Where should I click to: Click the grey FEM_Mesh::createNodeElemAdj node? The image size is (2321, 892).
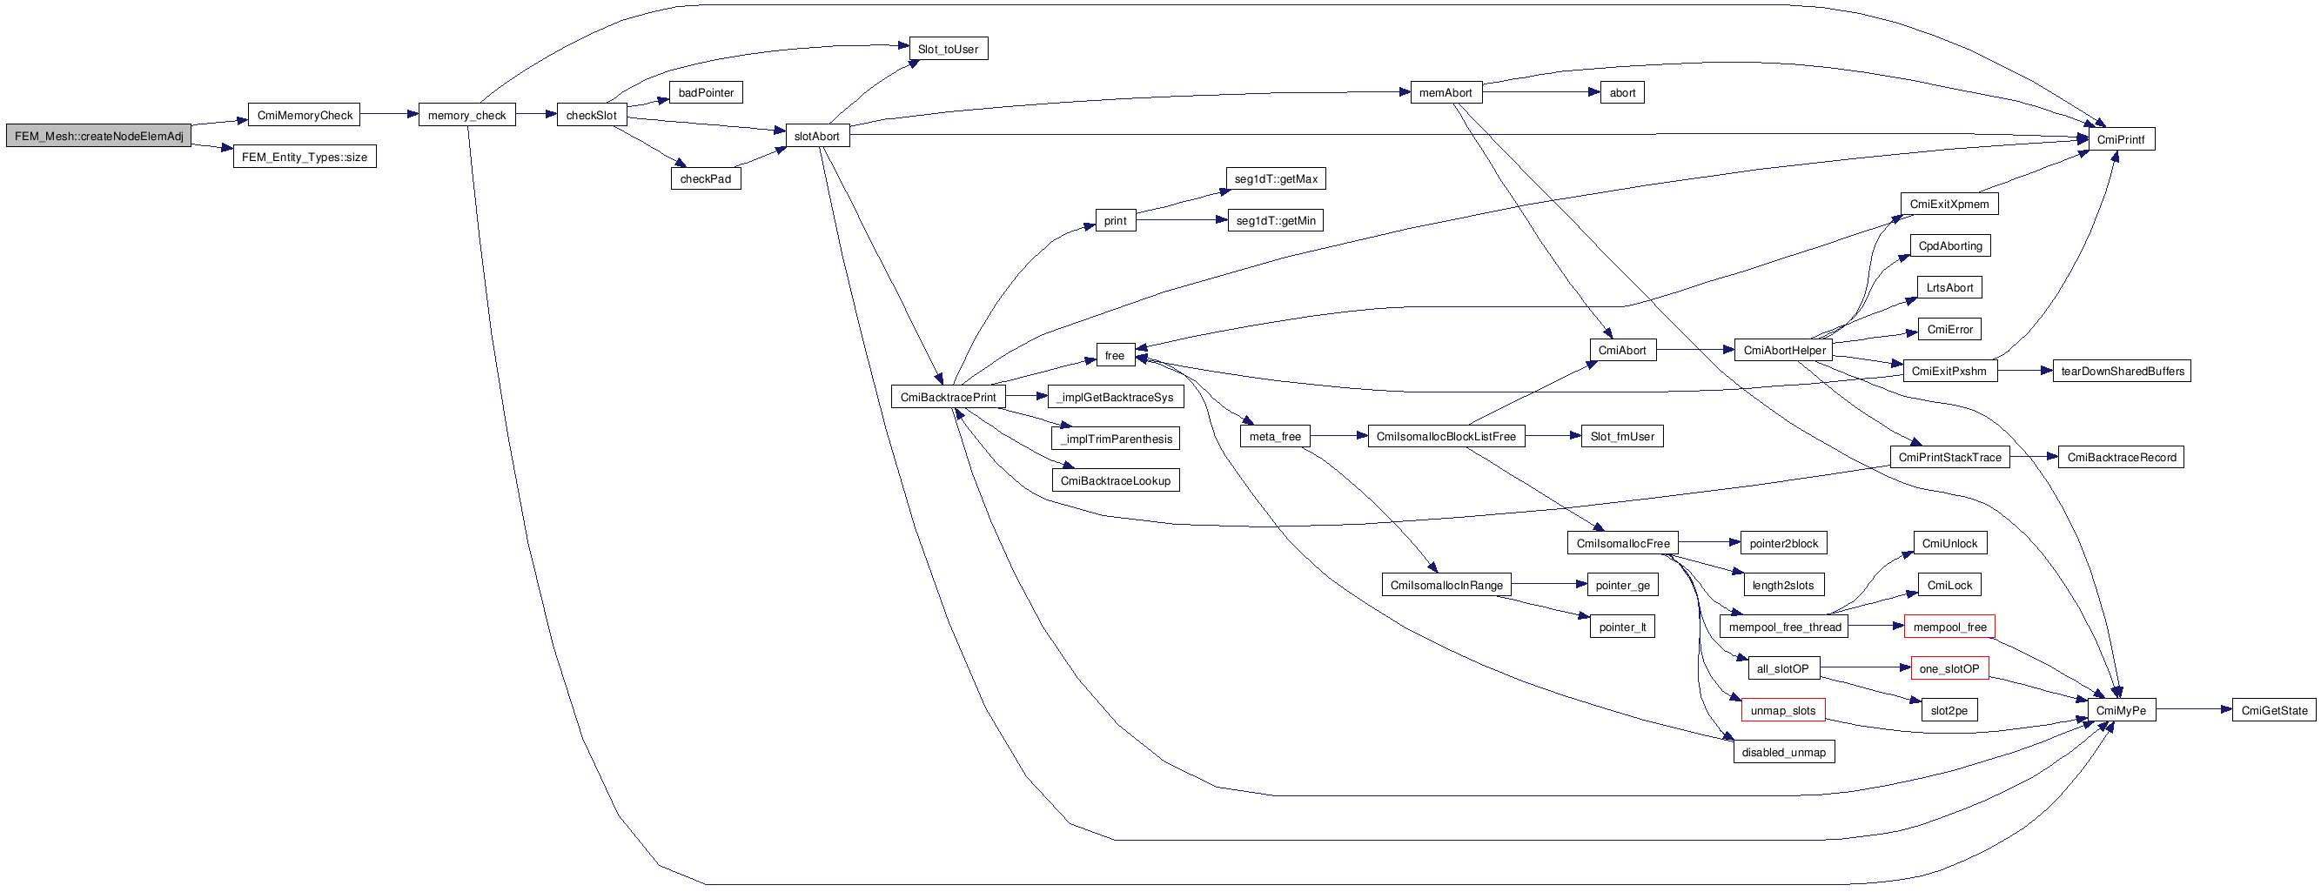[98, 136]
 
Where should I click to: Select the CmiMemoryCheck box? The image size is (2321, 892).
[305, 116]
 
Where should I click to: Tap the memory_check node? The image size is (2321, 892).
[466, 116]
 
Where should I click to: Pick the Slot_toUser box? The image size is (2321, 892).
[948, 50]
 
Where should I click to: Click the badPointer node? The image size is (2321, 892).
[706, 93]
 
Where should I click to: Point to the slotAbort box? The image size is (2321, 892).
[816, 136]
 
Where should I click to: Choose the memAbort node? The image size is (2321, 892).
[1446, 93]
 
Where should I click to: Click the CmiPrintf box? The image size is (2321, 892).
[2120, 139]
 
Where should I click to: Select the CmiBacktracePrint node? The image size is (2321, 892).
[948, 398]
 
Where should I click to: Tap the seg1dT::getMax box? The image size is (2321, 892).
[1275, 179]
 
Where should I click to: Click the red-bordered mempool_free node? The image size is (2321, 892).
[1949, 627]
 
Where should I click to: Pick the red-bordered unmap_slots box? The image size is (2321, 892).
[1782, 711]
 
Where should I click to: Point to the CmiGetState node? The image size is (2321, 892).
[2273, 711]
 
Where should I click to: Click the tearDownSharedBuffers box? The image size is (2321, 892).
[2122, 372]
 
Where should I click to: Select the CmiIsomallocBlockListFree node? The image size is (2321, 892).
[1446, 437]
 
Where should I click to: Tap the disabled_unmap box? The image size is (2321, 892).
[1783, 753]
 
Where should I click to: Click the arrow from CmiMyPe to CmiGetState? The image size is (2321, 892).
[2194, 710]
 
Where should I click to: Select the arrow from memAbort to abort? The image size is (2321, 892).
[1540, 92]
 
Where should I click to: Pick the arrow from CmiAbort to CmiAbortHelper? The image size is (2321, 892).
[1694, 350]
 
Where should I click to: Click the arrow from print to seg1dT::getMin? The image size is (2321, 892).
[1181, 220]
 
